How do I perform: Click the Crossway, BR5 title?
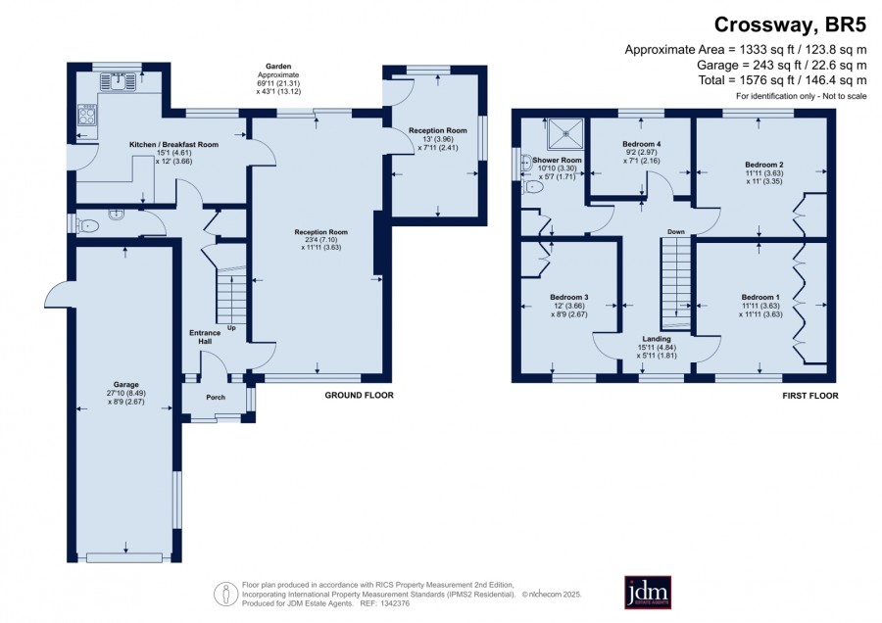point(790,24)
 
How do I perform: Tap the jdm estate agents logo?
point(648,592)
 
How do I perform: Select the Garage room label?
point(125,385)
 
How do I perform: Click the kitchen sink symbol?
point(119,81)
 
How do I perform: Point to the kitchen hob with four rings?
point(87,115)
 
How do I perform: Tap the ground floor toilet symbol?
point(87,226)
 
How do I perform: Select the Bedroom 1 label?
point(760,297)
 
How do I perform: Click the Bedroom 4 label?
point(642,144)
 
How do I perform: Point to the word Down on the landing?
point(675,231)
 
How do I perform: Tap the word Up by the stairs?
point(231,328)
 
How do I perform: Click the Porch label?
point(216,397)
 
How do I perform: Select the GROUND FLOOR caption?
point(359,396)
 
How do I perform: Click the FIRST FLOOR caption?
point(810,396)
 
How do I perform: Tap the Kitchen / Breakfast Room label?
point(173,145)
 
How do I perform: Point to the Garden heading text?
point(278,67)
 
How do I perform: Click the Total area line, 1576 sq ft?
point(782,80)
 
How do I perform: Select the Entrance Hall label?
point(205,337)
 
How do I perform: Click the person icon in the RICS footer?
point(226,594)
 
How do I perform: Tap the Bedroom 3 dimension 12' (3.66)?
point(568,306)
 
